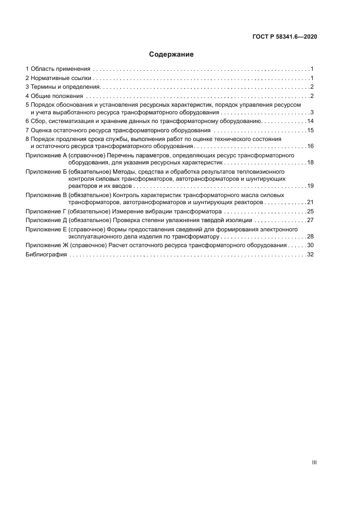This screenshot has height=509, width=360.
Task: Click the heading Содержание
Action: click(x=171, y=54)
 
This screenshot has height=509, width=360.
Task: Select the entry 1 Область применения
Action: click(x=58, y=69)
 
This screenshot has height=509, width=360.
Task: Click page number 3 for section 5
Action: click(x=312, y=112)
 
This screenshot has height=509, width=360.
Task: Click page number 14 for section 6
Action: click(x=310, y=121)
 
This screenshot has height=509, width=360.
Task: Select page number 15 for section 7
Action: click(x=310, y=130)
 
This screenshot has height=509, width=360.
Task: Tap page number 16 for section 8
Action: click(x=310, y=146)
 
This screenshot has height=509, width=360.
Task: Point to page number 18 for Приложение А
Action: click(x=310, y=162)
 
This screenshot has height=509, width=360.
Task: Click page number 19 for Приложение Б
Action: click(x=310, y=186)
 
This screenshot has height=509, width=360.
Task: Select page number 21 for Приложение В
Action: click(x=310, y=201)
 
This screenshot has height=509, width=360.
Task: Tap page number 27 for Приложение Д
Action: click(x=310, y=220)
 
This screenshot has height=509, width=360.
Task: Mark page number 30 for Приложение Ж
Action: click(x=310, y=246)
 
